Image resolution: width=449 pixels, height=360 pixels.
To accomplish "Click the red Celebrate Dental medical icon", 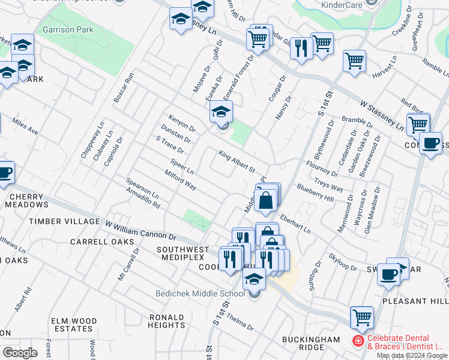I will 358,341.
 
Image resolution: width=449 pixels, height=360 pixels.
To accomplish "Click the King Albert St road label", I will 237,161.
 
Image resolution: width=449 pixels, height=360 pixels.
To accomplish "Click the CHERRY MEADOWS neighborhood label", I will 27,200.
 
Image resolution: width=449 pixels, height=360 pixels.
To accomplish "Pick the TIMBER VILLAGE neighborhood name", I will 65,221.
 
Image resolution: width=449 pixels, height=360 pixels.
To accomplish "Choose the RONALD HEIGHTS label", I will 166,321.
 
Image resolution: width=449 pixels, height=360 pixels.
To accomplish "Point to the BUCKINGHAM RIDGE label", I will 312,344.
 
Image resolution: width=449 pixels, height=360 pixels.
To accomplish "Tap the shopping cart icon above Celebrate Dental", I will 361,317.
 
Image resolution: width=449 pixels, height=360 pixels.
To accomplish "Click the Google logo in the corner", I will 20,352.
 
